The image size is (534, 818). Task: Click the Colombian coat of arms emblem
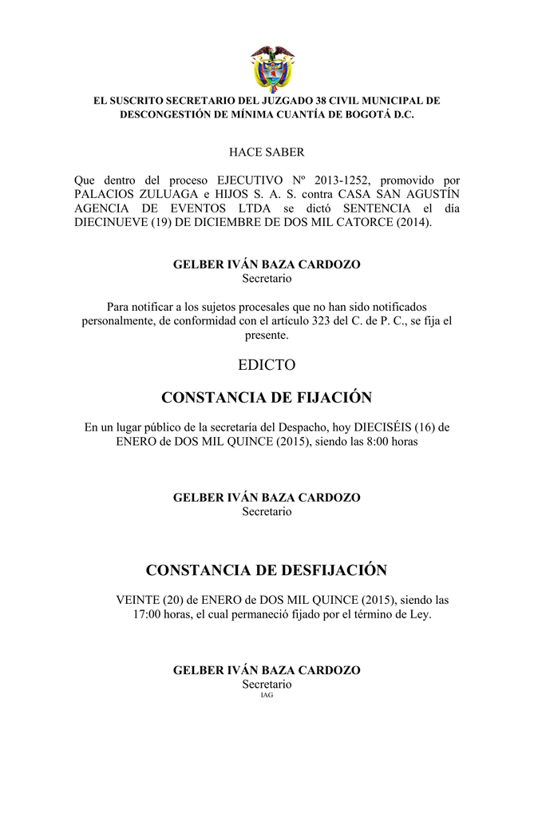click(272, 67)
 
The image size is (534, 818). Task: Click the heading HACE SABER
click(267, 152)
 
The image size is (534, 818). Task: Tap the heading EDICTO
click(267, 365)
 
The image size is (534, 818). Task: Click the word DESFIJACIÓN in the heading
click(332, 570)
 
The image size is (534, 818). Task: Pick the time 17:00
click(148, 615)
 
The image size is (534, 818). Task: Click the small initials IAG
click(267, 696)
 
